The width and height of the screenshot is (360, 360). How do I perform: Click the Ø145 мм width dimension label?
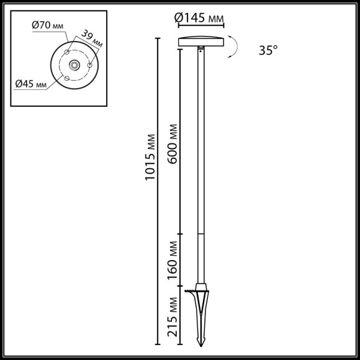pos(200,19)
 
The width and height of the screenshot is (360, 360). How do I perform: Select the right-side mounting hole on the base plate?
pos(90,65)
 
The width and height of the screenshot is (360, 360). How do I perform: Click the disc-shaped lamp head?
pos(200,42)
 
